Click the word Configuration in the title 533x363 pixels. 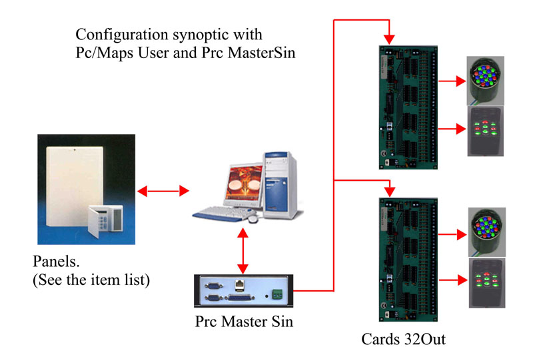122,35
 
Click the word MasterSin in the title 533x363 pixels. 261,53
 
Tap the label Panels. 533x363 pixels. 56,262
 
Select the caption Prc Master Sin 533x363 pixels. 244,322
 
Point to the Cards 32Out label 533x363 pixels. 403,339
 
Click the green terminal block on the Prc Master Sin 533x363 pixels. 278,294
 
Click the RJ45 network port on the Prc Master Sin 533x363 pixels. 240,285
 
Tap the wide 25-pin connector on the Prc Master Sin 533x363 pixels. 240,298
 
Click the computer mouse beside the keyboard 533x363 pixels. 253,219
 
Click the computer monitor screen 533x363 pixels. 244,184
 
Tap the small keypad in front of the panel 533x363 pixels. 105,221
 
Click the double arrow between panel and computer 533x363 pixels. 163,191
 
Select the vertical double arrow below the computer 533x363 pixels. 243,251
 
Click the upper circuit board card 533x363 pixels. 408,107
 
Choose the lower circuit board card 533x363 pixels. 408,260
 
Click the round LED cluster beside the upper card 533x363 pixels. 485,80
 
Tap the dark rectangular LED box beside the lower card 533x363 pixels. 487,283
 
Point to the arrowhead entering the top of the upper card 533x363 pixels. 389,39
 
